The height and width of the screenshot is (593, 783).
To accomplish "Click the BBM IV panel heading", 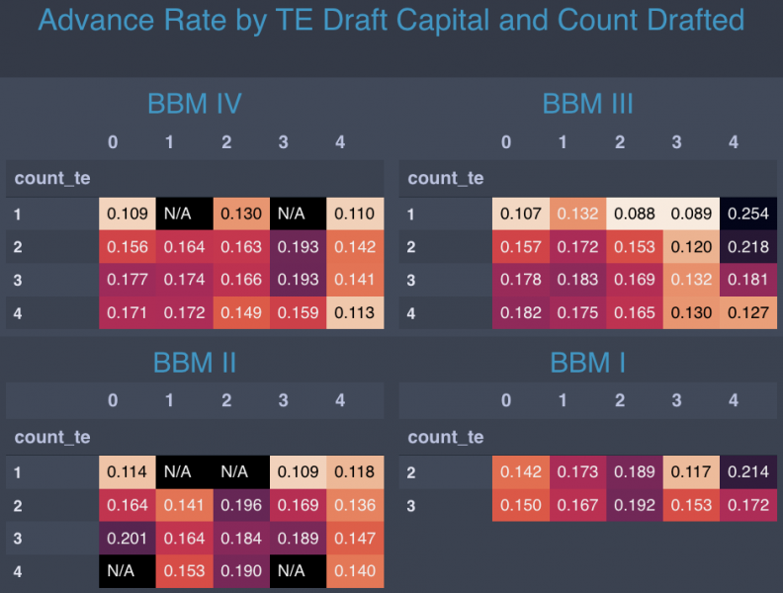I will (x=194, y=104).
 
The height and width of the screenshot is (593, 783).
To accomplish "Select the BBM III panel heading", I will (x=587, y=104).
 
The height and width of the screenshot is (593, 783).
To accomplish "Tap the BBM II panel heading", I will (x=194, y=363).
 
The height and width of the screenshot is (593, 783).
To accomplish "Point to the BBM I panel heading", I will (x=587, y=363).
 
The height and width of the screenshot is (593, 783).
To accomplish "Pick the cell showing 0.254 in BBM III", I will (x=747, y=213).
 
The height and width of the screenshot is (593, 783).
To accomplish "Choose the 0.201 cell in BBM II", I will (x=127, y=539).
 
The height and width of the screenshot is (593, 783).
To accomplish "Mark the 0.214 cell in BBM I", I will (x=747, y=472).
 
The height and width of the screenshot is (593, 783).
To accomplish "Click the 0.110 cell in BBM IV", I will (x=354, y=213).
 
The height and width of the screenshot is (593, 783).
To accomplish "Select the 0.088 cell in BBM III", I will (x=634, y=213).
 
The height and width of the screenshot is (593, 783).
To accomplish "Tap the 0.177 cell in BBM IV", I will (x=127, y=280).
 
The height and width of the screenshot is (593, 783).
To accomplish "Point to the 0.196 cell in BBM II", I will (x=240, y=506).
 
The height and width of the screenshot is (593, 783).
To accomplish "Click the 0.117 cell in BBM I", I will (x=691, y=472).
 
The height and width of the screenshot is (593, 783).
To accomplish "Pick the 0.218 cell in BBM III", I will (x=747, y=247).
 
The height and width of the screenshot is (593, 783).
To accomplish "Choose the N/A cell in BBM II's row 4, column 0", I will (x=127, y=571).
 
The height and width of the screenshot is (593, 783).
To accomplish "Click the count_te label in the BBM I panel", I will (x=445, y=437).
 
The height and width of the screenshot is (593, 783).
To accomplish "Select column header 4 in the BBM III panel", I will (x=734, y=142).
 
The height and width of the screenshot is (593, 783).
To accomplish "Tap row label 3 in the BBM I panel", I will (x=412, y=506).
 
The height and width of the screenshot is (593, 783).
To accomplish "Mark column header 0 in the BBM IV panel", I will (x=113, y=142).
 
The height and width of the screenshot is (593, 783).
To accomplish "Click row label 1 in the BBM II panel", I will (x=19, y=472).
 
